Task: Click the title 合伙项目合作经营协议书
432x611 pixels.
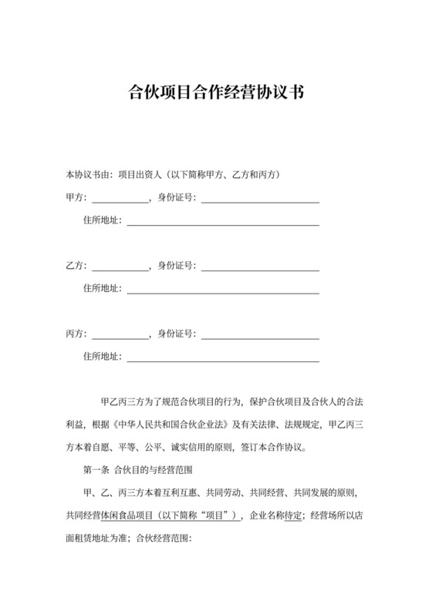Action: tap(216, 94)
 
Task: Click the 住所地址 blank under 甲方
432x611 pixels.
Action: tap(223, 221)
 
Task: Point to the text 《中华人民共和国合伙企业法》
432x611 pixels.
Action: tap(165, 425)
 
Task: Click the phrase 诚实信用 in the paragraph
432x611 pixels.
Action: tap(202, 447)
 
